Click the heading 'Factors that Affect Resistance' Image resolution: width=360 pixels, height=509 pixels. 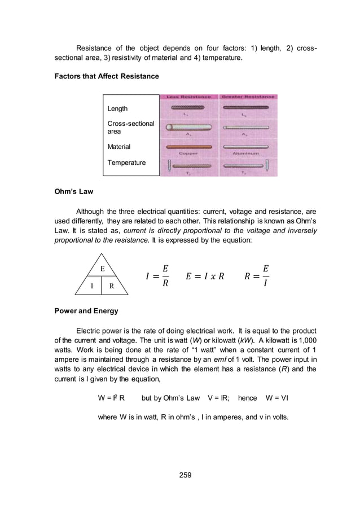(102, 76)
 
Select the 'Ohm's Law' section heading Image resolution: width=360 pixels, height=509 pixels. (73, 191)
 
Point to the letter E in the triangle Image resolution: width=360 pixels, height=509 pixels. (103, 269)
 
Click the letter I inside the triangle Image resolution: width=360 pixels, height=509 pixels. (92, 286)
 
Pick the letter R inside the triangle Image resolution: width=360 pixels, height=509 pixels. (112, 286)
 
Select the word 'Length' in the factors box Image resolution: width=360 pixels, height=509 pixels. (117, 108)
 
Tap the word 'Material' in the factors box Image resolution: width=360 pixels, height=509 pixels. (118, 147)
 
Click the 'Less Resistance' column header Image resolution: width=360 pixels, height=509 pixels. (188, 98)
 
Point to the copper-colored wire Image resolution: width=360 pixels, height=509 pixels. (188, 147)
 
